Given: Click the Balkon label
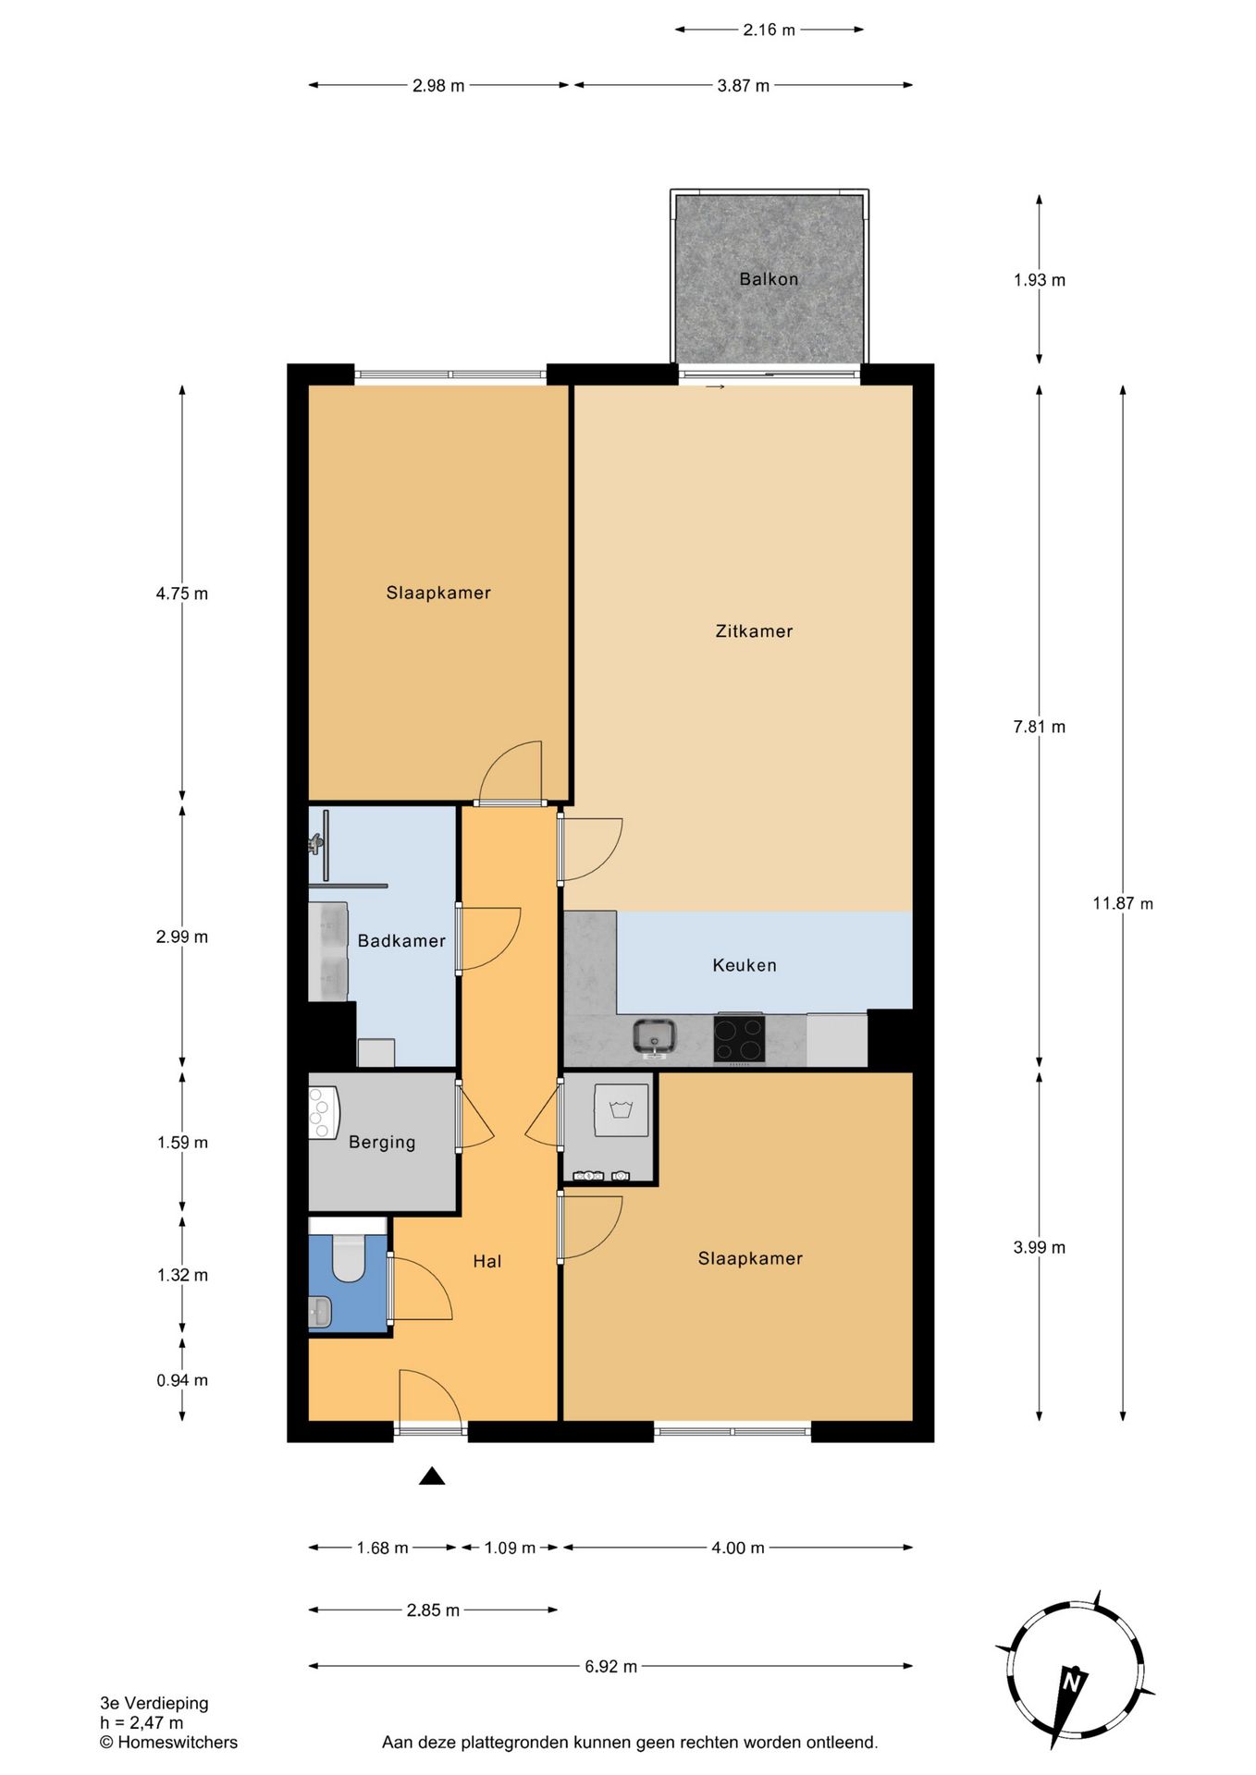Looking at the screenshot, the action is (x=769, y=279).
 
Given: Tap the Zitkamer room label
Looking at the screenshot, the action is (x=754, y=631).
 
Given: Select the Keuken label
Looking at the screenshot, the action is (x=745, y=965).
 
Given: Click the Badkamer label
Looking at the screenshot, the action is (x=401, y=941).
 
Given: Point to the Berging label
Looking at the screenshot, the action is (x=382, y=1143).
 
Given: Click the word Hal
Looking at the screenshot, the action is (x=487, y=1261).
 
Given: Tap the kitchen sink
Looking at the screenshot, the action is (x=655, y=1036).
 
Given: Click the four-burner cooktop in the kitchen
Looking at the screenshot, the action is (x=739, y=1038).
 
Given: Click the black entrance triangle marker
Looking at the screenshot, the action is (x=432, y=1475).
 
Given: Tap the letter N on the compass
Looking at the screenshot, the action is (x=1073, y=1680).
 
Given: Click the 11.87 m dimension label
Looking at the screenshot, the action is (x=1123, y=903).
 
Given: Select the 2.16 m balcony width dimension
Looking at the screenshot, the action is (x=769, y=30).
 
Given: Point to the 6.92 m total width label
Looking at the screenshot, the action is (x=610, y=1666).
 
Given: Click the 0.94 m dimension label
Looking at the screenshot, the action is (x=182, y=1380).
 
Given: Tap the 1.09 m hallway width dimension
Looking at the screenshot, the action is (x=510, y=1548).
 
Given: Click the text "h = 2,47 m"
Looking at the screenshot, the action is (x=142, y=1722).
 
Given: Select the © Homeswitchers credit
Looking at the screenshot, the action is (x=168, y=1742).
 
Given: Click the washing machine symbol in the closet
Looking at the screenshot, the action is (x=622, y=1110).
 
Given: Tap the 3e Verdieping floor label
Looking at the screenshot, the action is (x=154, y=1703).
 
